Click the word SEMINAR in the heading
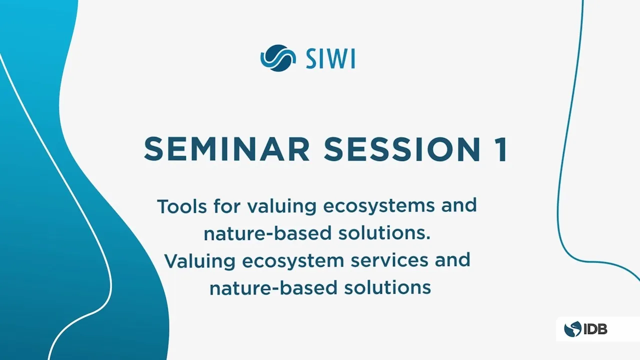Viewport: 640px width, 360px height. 227,149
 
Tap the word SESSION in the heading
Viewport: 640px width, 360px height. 402,149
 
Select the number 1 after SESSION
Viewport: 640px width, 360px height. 500,149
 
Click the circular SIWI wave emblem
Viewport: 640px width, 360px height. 278,58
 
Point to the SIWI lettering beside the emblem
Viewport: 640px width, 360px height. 330,59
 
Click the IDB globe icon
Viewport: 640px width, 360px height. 572,329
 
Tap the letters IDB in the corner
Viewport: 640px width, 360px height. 595,329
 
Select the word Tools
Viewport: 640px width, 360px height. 181,206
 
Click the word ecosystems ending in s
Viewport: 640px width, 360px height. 379,207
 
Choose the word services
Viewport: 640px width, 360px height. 389,260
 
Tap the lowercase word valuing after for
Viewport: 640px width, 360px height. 281,207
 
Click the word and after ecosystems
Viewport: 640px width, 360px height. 459,205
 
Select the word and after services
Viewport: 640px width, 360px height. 453,260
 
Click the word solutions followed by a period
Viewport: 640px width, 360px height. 384,233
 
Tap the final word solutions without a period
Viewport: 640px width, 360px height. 387,287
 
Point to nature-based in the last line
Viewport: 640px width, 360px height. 273,287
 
